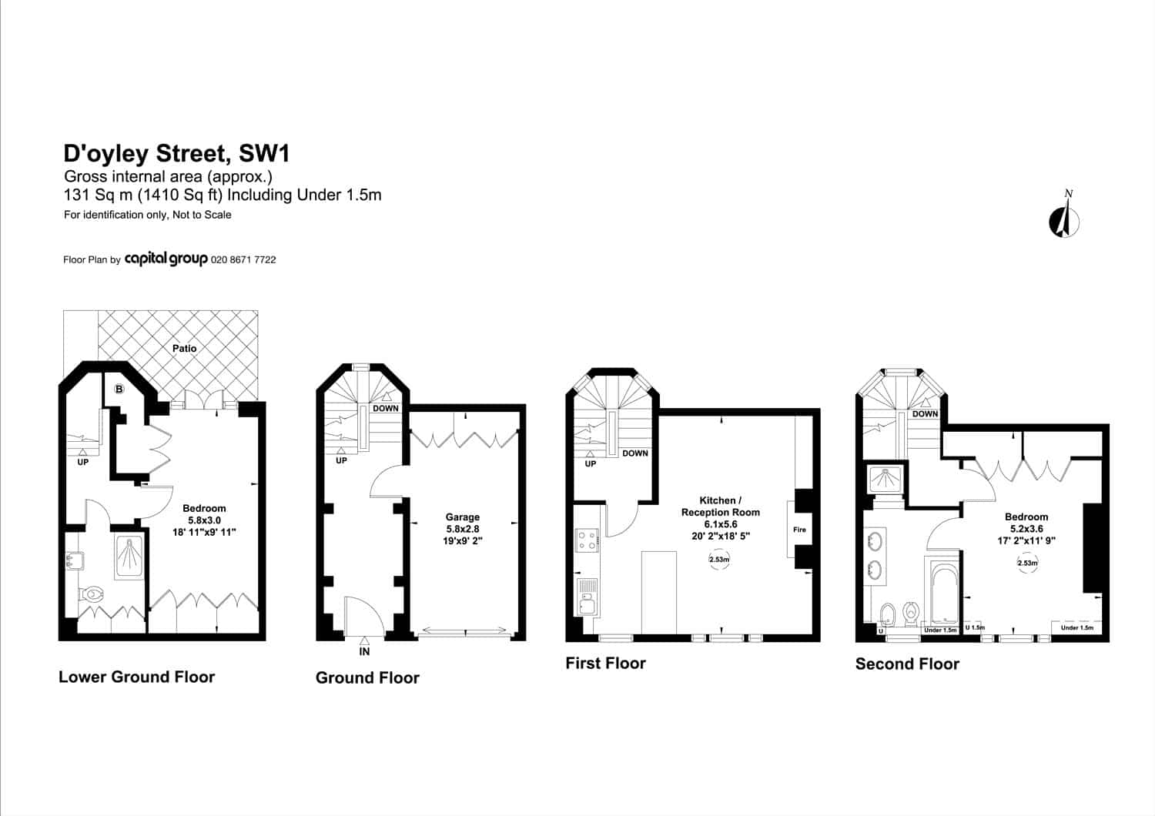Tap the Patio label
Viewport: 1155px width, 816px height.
click(185, 349)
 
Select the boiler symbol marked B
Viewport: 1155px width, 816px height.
click(119, 390)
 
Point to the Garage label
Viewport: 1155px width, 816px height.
click(463, 517)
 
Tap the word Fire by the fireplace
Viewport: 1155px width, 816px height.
click(799, 530)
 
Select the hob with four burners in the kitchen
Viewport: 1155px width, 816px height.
click(587, 540)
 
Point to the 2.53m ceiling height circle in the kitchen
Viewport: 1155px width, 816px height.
click(719, 560)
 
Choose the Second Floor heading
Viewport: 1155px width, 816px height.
click(907, 664)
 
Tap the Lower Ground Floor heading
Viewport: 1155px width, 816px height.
click(136, 677)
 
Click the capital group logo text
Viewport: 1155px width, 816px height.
click(166, 259)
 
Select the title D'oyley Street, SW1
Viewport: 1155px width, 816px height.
click(176, 153)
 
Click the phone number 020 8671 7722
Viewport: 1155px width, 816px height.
click(243, 259)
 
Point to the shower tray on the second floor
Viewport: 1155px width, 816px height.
click(885, 480)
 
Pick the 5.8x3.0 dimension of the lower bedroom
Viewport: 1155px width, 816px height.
click(204, 520)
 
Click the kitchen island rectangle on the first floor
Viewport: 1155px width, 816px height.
click(658, 592)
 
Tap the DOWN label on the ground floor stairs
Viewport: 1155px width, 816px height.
click(386, 408)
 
